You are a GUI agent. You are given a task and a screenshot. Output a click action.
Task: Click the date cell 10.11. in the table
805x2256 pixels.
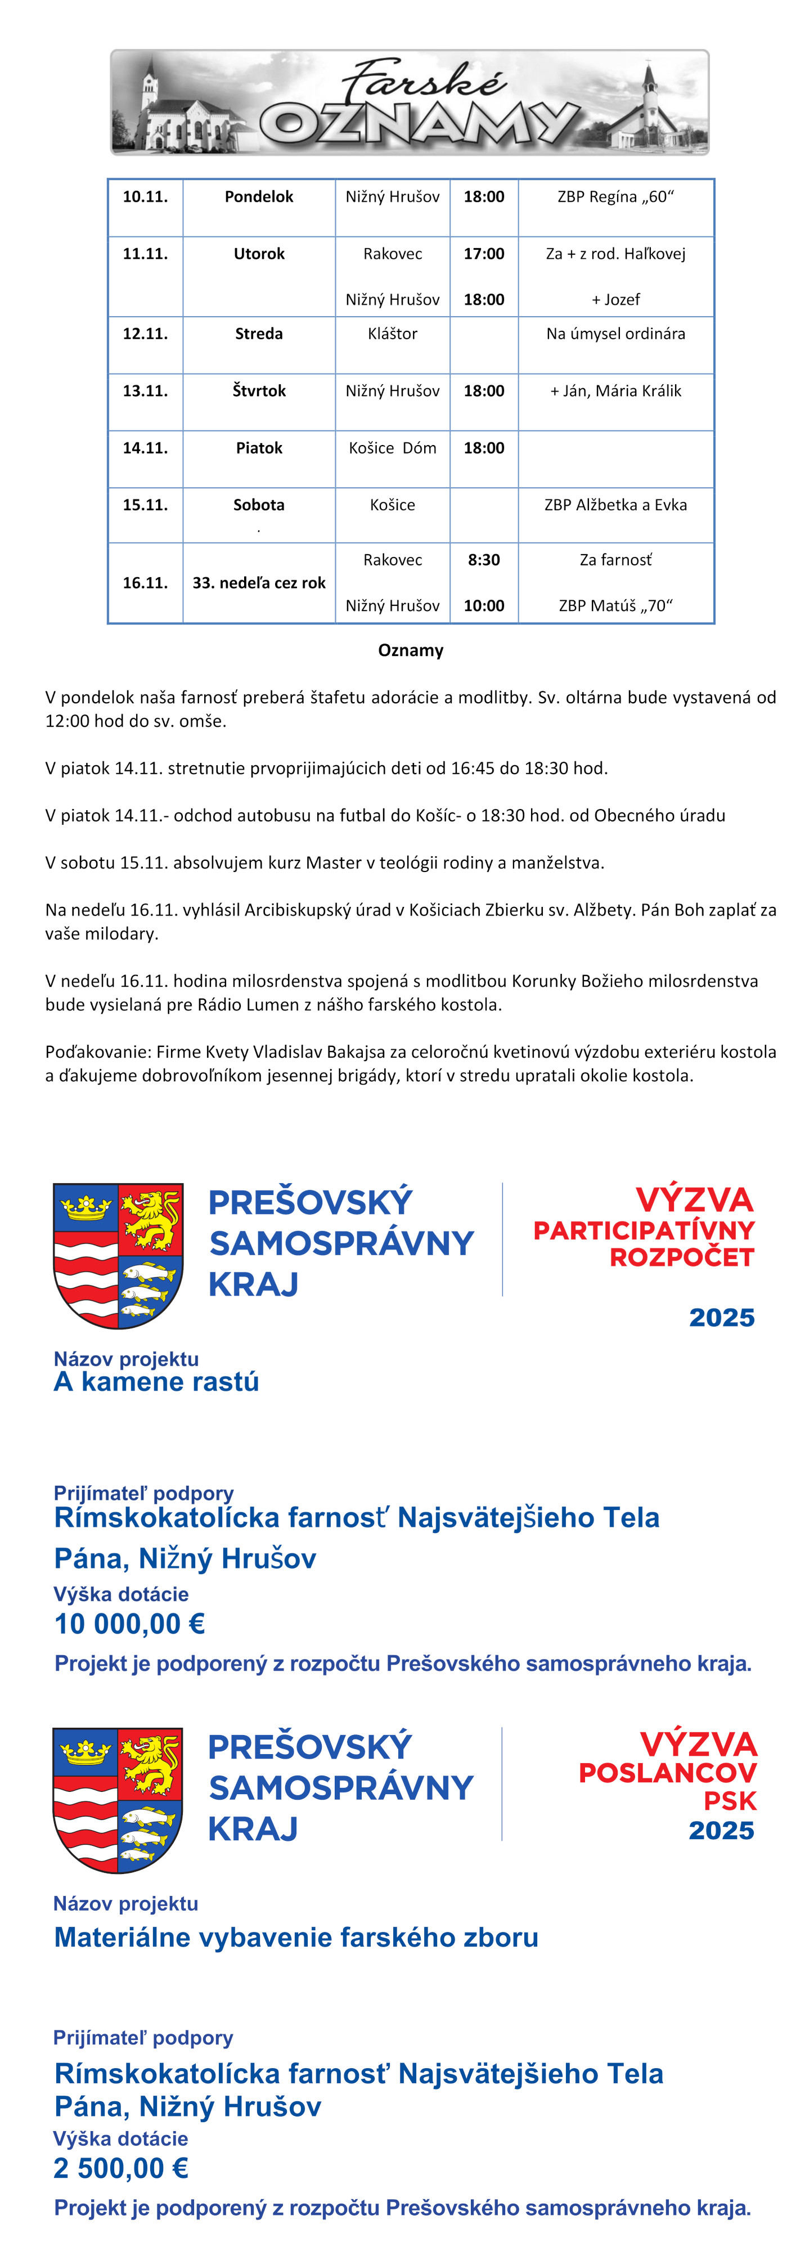(145, 197)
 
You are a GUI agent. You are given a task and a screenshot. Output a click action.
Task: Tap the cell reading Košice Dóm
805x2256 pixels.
(393, 448)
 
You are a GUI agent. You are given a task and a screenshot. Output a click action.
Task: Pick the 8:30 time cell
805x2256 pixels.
(484, 560)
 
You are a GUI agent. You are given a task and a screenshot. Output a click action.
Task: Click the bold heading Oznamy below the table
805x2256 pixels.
(411, 651)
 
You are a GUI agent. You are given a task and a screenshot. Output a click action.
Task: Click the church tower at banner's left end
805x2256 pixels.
(150, 88)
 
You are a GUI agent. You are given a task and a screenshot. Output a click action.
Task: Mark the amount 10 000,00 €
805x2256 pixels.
(129, 1625)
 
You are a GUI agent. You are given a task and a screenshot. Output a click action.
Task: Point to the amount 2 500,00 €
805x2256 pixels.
(121, 2168)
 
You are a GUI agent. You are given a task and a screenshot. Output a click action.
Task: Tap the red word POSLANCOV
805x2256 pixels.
(668, 1773)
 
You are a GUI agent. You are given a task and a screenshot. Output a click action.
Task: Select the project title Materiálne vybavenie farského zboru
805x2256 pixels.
(296, 1938)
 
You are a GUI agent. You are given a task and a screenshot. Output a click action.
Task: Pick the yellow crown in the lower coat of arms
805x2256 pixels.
(85, 1751)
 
